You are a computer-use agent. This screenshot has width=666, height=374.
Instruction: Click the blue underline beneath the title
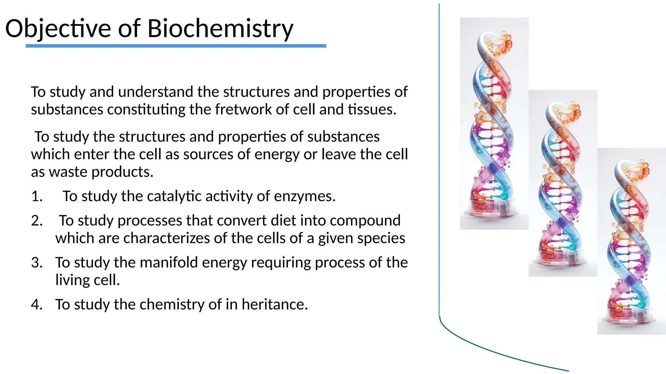[176, 46]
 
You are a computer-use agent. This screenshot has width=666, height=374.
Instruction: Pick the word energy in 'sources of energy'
[277, 154]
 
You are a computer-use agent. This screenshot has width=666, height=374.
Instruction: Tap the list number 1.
[37, 196]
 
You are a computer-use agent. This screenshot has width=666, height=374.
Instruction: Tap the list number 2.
[37, 221]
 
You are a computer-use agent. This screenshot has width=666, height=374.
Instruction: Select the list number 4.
[37, 305]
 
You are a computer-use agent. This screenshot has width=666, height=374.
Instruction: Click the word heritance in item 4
[274, 305]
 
